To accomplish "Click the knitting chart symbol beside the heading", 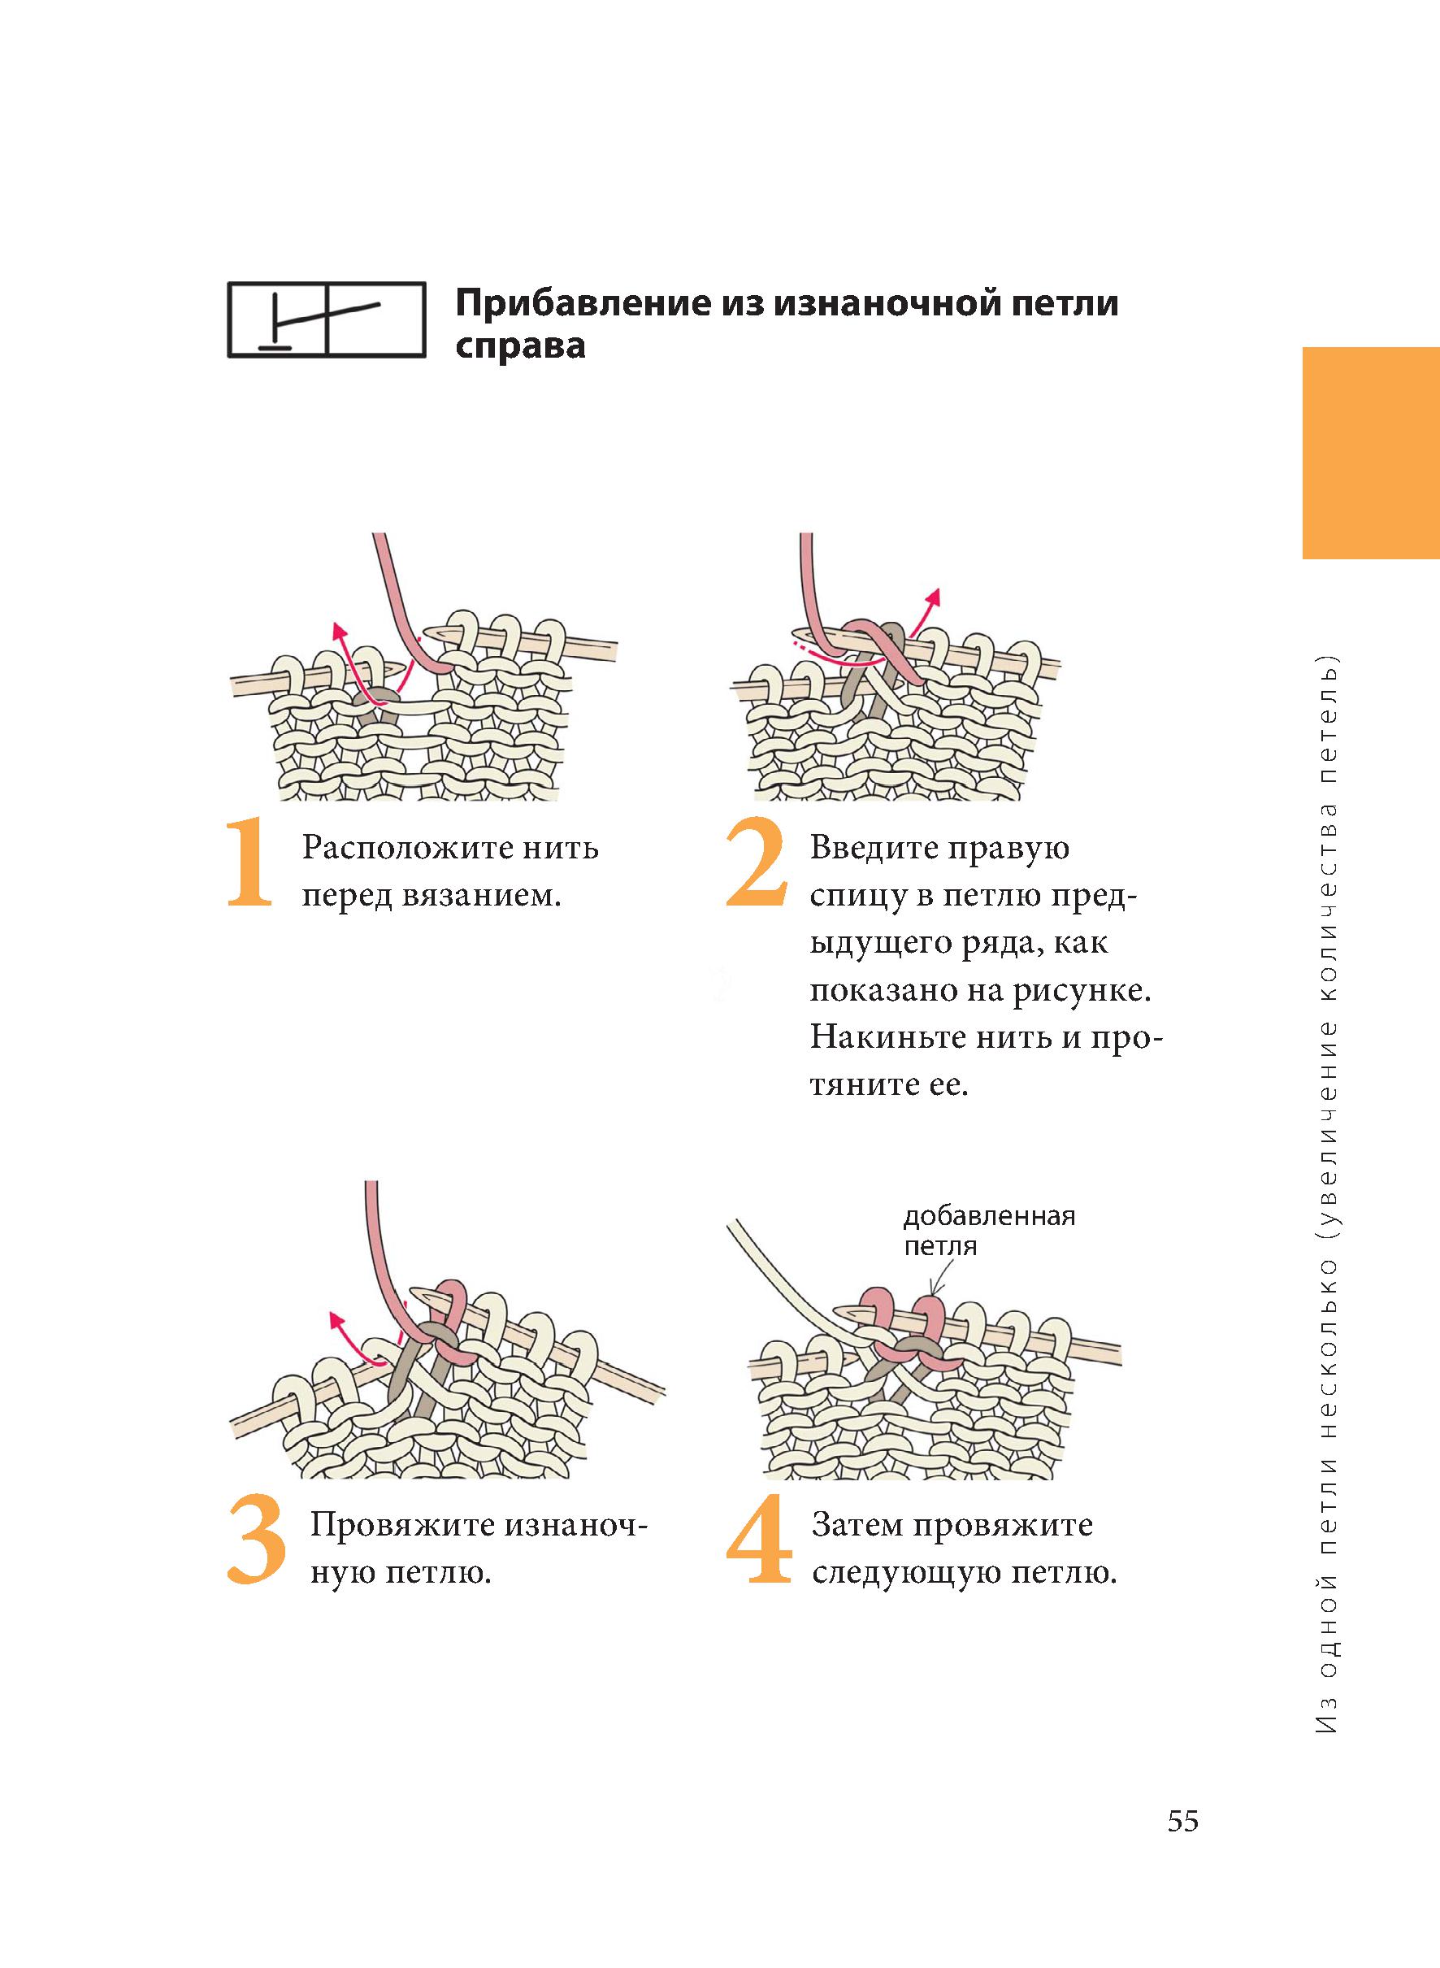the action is [x=327, y=319].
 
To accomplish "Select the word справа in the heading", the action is [x=520, y=347].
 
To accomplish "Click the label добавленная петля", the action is [x=988, y=1231].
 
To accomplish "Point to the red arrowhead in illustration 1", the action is [x=340, y=632].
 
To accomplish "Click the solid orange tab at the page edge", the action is [x=1371, y=453].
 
